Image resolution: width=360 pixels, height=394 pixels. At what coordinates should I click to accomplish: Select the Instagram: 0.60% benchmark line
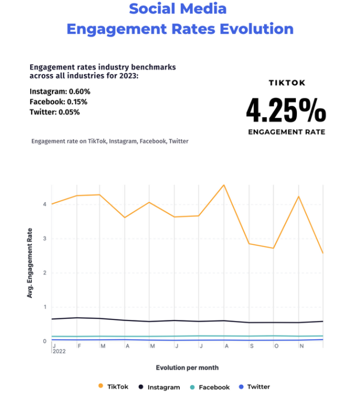tap(60, 92)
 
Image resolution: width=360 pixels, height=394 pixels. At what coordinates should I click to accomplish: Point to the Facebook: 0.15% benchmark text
tap(58, 102)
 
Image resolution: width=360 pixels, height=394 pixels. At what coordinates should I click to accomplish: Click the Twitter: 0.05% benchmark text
tap(54, 112)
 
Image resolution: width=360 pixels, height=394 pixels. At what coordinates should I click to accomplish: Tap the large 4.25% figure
tap(285, 111)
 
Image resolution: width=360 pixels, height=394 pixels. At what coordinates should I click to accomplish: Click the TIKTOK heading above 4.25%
tap(286, 82)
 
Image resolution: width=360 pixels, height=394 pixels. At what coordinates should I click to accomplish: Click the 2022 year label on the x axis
tap(60, 352)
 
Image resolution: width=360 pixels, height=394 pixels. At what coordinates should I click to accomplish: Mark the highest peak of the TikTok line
tap(224, 185)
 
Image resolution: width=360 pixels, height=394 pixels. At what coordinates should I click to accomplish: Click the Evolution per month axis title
tap(187, 368)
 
